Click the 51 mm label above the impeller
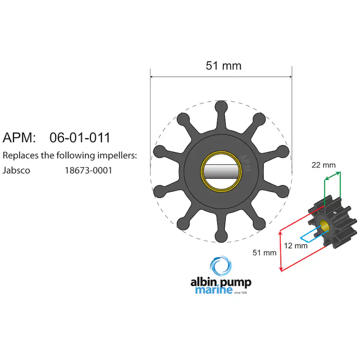[x=223, y=66]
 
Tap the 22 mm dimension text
[x=323, y=165]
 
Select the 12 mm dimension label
[x=296, y=246]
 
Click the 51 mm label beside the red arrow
[x=264, y=253]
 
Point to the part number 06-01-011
[x=80, y=138]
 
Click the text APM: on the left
[x=19, y=138]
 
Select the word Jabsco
[x=17, y=170]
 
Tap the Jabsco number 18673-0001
[x=88, y=170]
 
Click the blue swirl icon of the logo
[x=220, y=266]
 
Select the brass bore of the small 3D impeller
[x=324, y=225]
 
